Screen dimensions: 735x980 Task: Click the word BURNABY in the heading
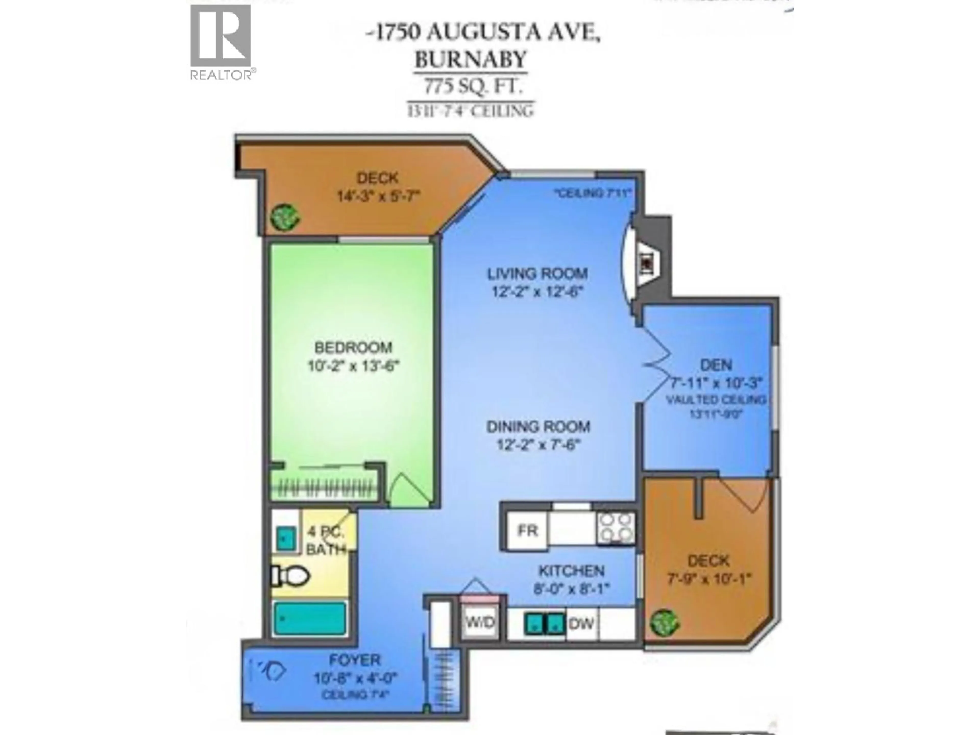click(x=471, y=59)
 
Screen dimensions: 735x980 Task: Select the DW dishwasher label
click(x=581, y=624)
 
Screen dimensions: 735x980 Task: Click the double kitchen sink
click(x=545, y=623)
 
